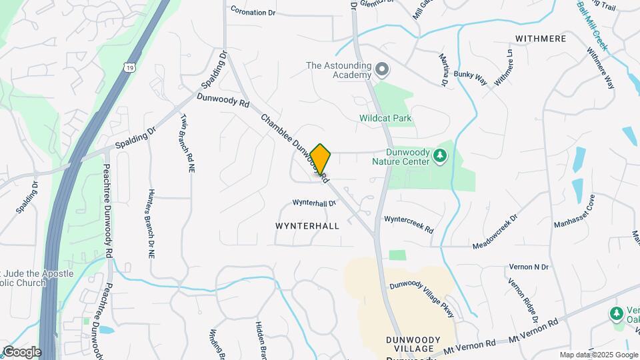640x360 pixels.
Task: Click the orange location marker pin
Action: click(x=320, y=159)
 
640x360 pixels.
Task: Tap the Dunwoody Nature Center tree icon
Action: click(x=439, y=156)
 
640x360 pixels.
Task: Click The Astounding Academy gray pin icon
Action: click(x=382, y=69)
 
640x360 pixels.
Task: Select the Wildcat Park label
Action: click(x=385, y=119)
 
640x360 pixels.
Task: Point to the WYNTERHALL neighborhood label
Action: click(x=307, y=226)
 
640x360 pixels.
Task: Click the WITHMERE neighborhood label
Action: click(x=541, y=39)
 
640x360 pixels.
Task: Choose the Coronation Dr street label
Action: click(x=253, y=11)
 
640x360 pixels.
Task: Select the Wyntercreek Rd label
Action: click(x=408, y=223)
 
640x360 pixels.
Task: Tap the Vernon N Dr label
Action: click(x=528, y=267)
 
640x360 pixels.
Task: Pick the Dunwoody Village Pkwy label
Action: click(x=422, y=293)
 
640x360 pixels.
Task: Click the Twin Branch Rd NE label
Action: click(x=187, y=143)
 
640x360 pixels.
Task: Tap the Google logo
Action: click(x=21, y=351)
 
